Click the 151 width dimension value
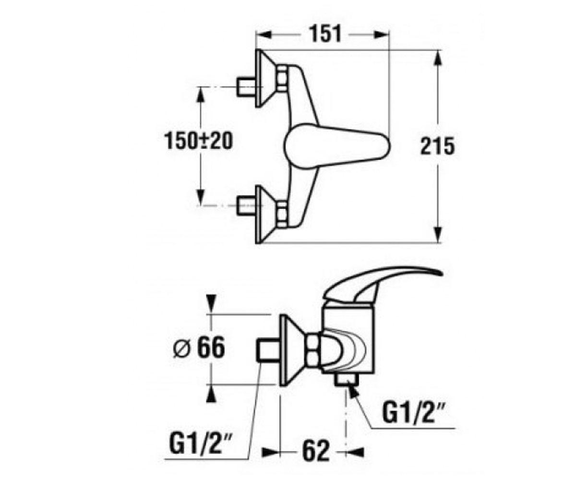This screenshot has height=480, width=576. (325, 34)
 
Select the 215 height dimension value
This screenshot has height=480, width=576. (437, 146)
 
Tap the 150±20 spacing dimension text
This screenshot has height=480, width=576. (198, 141)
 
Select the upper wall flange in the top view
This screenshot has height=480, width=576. (261, 78)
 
